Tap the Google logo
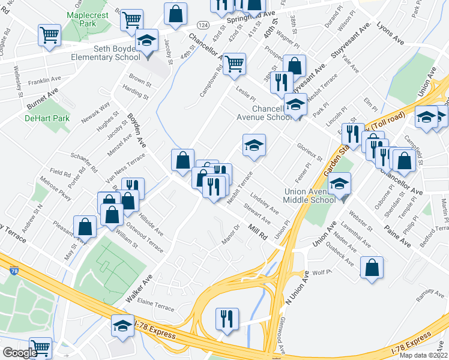point(20,353)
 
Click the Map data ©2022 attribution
point(423,355)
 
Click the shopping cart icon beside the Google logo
point(41,347)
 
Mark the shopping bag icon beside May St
point(85,226)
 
